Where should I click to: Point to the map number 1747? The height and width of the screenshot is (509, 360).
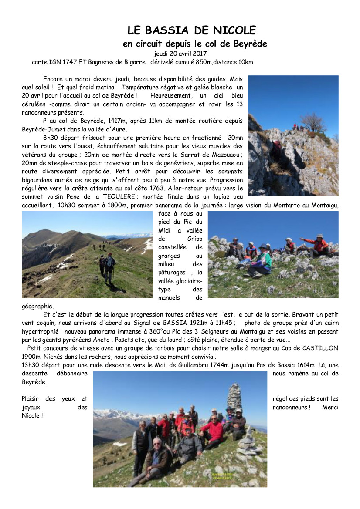pos(69,62)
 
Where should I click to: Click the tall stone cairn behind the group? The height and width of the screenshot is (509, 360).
pos(234,397)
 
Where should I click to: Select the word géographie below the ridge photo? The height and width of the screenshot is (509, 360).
pos(37,306)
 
